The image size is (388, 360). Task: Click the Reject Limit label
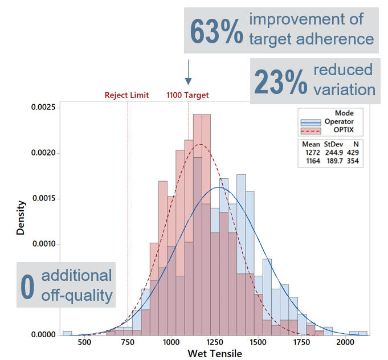click(x=126, y=95)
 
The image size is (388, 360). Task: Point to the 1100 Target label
click(x=187, y=95)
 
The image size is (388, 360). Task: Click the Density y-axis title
click(x=21, y=218)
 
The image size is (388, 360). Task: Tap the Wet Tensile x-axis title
click(x=215, y=354)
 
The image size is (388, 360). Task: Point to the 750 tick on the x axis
click(x=128, y=342)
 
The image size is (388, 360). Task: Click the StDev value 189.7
click(x=332, y=161)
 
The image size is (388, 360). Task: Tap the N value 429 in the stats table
click(x=352, y=153)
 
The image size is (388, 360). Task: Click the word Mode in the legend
click(x=344, y=113)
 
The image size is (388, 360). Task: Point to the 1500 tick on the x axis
click(x=258, y=342)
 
